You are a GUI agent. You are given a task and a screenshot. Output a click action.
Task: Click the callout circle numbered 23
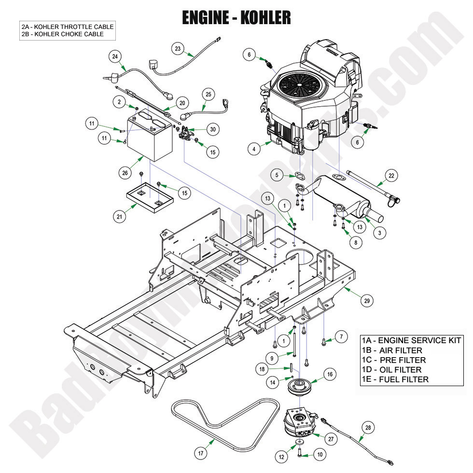click(178, 48)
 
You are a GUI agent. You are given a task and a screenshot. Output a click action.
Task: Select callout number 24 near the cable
click(115, 56)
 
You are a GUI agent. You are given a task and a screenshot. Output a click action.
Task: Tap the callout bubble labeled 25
click(208, 95)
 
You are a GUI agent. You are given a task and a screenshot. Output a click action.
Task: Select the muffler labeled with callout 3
click(338, 198)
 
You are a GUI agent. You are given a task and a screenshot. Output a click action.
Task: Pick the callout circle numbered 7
click(340, 337)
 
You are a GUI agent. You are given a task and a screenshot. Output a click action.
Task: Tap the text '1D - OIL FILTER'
click(391, 370)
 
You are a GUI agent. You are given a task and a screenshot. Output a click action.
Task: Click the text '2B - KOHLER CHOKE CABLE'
click(62, 34)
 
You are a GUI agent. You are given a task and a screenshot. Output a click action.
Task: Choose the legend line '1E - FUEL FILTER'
click(395, 379)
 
